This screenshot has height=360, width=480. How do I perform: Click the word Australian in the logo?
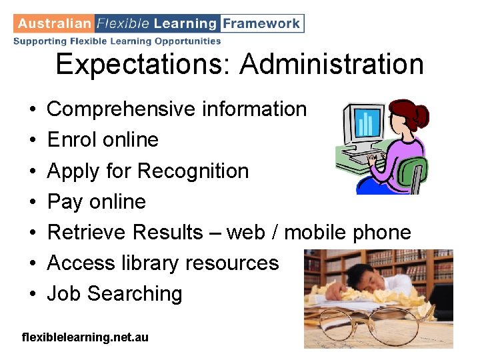pos(54,23)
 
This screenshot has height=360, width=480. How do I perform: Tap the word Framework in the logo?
pos(261,23)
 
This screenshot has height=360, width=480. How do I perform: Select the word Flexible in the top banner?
pos(123,23)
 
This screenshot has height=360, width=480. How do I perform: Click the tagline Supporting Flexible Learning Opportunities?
pos(117,41)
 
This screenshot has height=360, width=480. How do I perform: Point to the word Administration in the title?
pos(331,65)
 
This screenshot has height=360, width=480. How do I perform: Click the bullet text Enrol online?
pos(103,140)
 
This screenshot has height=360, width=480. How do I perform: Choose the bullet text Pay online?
pos(96,201)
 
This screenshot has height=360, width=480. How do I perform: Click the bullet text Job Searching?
pos(114,294)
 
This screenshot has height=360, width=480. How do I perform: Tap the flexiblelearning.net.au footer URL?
pos(85,337)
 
